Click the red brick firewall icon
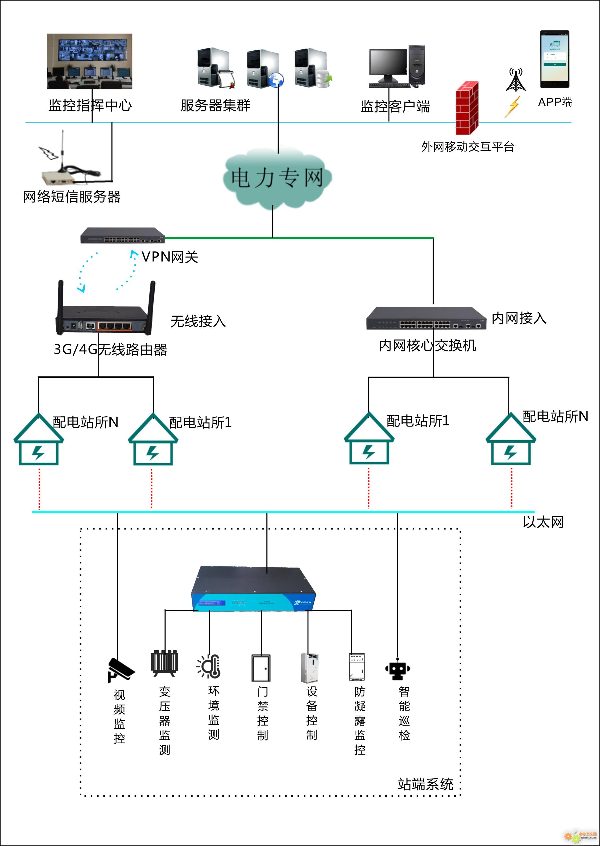467,108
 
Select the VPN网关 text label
170,257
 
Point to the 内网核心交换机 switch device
426,318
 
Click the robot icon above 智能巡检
398,669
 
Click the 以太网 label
543,522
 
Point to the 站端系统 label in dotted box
425,784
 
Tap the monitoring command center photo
89,61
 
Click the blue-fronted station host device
253,589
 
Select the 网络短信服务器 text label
72,197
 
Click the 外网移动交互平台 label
468,147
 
